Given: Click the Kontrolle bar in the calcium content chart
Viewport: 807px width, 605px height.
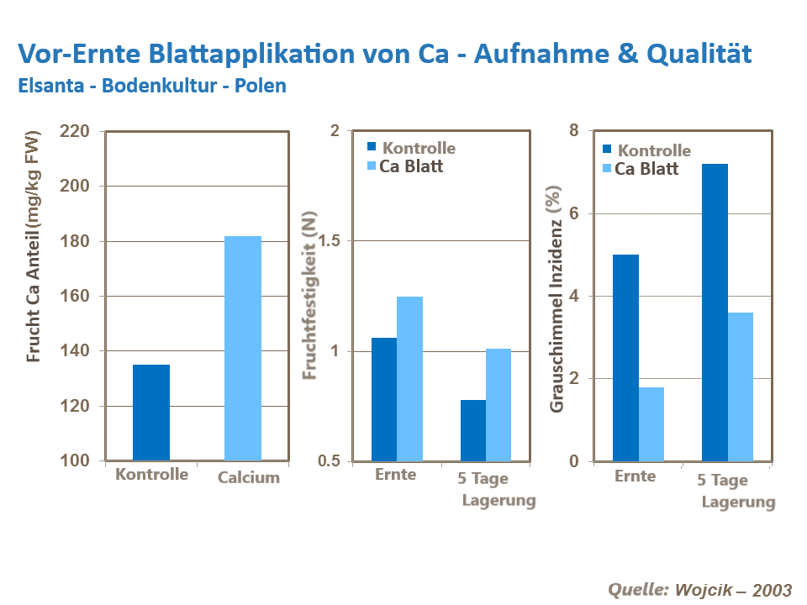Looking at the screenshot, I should pyautogui.click(x=151, y=413).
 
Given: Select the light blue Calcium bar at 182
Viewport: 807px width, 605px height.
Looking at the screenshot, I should pyautogui.click(x=243, y=348).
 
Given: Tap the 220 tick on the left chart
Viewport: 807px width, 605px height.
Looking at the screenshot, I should pyautogui.click(x=75, y=131).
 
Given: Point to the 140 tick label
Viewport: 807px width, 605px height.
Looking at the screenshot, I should pyautogui.click(x=75, y=351).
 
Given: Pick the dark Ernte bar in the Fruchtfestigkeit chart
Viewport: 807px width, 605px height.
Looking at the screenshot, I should pyautogui.click(x=384, y=399).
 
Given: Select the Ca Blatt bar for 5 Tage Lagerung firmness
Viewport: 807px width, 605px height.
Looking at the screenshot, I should pyautogui.click(x=498, y=404).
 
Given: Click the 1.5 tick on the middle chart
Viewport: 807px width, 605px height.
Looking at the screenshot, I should pyautogui.click(x=329, y=241).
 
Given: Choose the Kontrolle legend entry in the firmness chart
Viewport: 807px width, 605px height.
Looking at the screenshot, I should pyautogui.click(x=412, y=148).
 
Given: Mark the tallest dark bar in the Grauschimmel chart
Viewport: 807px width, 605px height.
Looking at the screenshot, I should pyautogui.click(x=715, y=312).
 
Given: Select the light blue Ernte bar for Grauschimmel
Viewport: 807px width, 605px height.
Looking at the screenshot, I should pyautogui.click(x=651, y=423).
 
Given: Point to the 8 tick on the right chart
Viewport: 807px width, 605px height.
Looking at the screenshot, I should pyautogui.click(x=574, y=131).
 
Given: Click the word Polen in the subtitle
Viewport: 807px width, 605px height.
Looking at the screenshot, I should pyautogui.click(x=261, y=86).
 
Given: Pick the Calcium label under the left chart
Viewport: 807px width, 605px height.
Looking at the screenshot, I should pyautogui.click(x=249, y=477).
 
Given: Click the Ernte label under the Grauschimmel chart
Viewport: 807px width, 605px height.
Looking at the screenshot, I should pyautogui.click(x=636, y=476).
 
